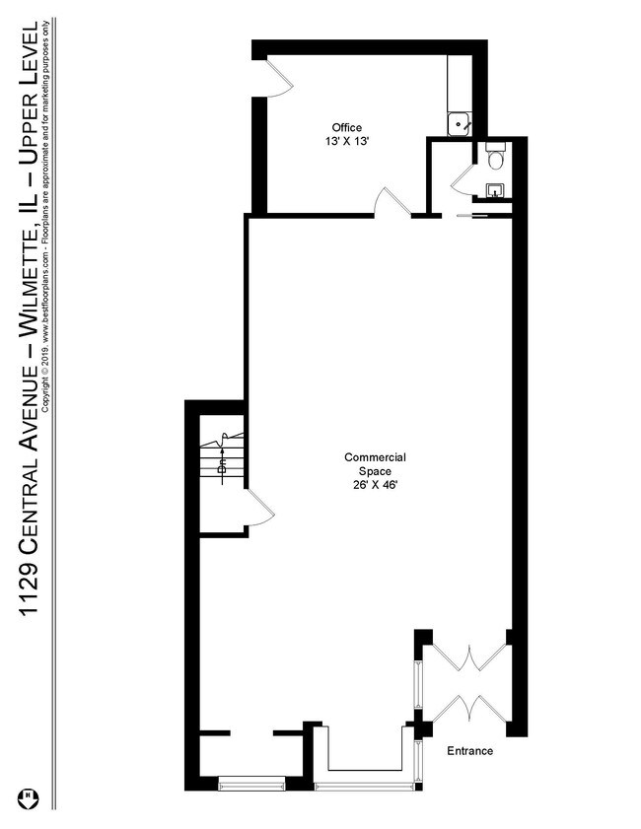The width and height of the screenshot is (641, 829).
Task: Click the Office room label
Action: pos(347,127)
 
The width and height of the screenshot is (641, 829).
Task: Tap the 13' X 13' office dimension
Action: pos(347,142)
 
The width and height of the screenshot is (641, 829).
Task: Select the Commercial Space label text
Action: pos(375,464)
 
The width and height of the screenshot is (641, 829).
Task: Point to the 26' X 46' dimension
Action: pos(375,485)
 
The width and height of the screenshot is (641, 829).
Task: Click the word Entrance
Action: pos(470,751)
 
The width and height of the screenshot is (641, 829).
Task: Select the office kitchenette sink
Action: pos(460,125)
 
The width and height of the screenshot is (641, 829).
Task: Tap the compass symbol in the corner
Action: pos(29,797)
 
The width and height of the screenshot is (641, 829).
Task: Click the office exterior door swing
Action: pos(279,78)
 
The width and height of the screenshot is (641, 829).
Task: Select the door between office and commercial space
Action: pos(392,201)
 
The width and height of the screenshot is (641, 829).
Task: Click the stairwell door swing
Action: pos(260,508)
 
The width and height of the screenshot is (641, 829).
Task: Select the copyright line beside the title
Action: pos(47,216)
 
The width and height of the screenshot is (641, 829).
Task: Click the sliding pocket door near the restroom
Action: pos(472,215)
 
